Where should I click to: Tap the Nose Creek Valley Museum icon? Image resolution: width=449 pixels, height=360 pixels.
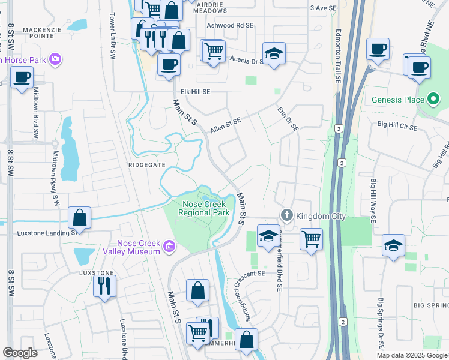click(169, 245)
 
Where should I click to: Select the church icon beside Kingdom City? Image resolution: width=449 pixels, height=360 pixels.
click(287, 215)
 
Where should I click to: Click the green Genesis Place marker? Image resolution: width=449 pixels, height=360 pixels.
click(433, 99)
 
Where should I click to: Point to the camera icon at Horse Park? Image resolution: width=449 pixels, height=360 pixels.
click(56, 59)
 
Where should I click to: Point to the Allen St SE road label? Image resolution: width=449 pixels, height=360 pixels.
click(226, 125)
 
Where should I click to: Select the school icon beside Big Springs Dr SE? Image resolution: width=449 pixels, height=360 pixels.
click(393, 245)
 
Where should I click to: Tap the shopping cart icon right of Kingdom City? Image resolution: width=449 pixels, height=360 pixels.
click(311, 239)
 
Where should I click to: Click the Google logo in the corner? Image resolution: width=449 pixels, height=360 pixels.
click(20, 352)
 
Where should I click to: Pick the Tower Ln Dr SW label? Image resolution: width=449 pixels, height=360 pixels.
click(112, 36)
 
